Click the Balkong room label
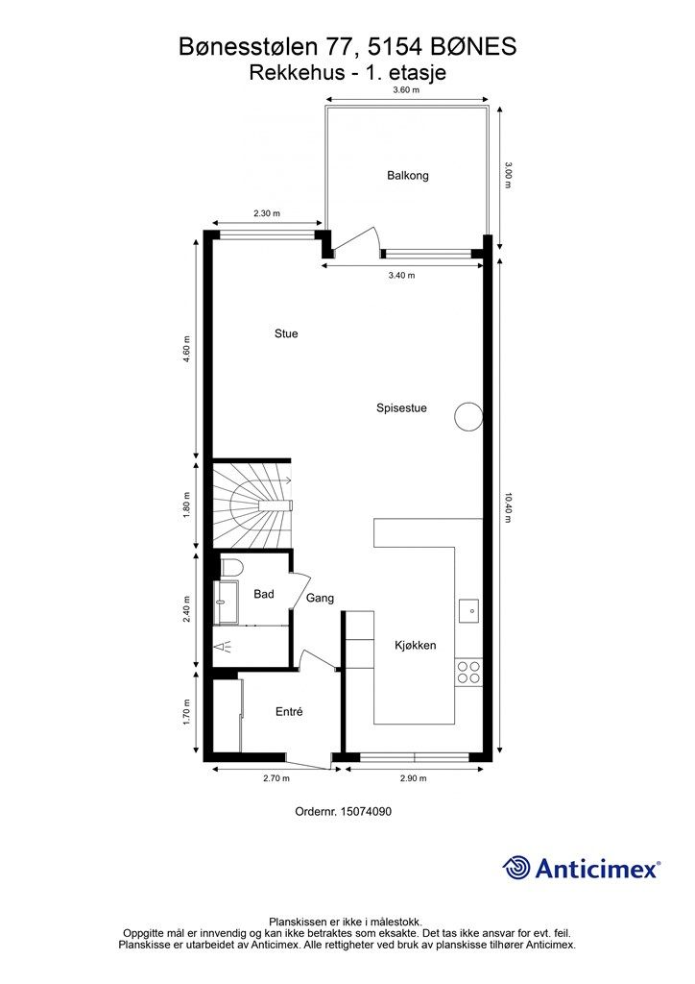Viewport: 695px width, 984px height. coord(407,176)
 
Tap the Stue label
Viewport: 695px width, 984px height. coord(286,333)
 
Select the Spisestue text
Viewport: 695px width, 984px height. coord(401,407)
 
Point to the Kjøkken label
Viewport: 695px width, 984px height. coord(415,645)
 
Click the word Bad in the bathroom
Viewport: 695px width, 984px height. coord(264,594)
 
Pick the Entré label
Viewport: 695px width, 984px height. coord(289,712)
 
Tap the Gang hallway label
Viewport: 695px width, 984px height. coord(320,598)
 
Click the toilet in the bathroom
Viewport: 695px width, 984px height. coord(232,567)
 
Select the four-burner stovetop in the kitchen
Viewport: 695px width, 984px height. coord(468,672)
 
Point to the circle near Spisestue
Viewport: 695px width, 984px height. coord(468,416)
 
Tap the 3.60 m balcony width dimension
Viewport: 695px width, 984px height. coord(406,89)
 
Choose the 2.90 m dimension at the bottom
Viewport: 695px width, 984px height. coord(413,778)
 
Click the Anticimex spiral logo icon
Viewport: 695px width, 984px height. coord(515,868)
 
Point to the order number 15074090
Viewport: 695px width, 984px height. coord(366,811)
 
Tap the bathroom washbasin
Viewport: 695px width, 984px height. coord(226,603)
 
